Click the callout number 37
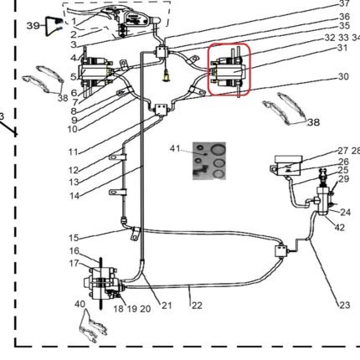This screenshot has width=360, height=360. (x=344, y=3)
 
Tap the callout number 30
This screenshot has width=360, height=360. (x=343, y=76)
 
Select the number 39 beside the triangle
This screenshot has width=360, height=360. (x=33, y=26)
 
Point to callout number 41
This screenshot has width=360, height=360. (x=175, y=148)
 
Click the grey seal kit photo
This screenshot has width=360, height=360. (x=209, y=161)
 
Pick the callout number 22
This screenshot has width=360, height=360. (x=197, y=306)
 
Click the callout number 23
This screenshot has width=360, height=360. (x=344, y=305)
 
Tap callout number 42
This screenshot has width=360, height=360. (x=339, y=228)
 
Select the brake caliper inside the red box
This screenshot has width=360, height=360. (x=229, y=70)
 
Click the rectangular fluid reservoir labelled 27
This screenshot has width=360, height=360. (x=287, y=165)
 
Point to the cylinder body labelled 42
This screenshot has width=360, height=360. (x=323, y=201)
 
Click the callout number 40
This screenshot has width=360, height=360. (x=80, y=304)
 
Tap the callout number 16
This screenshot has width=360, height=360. (x=75, y=251)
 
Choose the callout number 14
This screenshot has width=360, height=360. (x=75, y=196)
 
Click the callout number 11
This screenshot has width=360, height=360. (x=74, y=152)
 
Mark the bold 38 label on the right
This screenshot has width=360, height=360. (x=313, y=122)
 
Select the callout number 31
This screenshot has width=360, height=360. (x=342, y=48)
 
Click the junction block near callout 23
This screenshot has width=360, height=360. (x=281, y=250)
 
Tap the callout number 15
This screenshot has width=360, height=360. (x=74, y=238)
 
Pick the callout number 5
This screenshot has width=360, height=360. (x=74, y=77)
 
